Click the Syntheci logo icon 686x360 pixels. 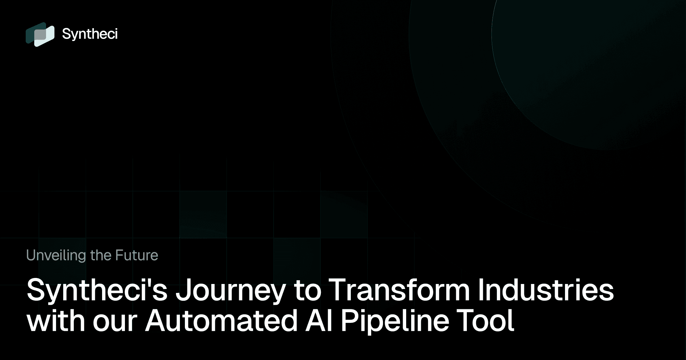[x=40, y=34]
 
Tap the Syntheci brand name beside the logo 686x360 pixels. [x=90, y=34]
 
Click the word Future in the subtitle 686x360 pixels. [x=137, y=255]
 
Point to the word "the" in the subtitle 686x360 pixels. [x=101, y=255]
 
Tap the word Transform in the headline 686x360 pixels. [x=399, y=289]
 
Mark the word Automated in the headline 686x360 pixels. [x=221, y=320]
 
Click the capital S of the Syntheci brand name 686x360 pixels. [x=67, y=34]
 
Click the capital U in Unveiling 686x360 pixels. [x=31, y=255]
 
